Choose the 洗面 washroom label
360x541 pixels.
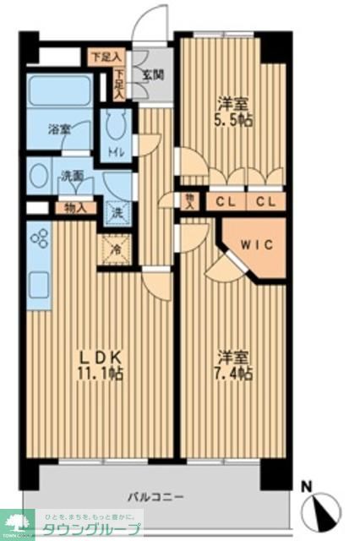[72, 177]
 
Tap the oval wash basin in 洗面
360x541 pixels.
[37, 177]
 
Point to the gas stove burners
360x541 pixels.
[39, 239]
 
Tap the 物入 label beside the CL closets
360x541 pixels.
[190, 201]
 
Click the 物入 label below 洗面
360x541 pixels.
[74, 207]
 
